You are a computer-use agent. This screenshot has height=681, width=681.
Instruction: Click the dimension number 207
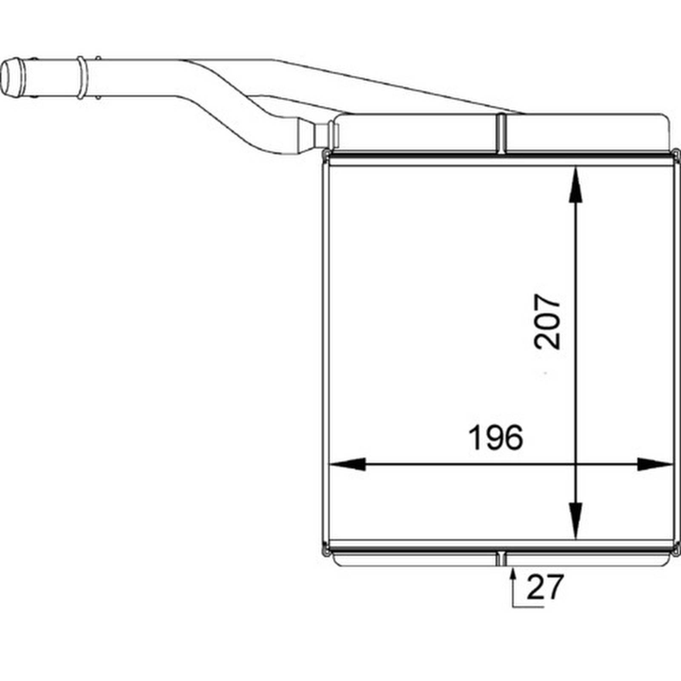547,322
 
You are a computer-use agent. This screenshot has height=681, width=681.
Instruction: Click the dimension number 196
495,438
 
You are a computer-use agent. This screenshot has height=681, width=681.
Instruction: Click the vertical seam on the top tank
502,133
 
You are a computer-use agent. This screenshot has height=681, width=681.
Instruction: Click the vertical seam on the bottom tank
502,559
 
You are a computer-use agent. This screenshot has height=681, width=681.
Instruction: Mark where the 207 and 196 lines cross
575,464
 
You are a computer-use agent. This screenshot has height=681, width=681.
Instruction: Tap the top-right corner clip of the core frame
676,153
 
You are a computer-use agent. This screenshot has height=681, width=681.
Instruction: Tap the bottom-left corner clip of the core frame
326,549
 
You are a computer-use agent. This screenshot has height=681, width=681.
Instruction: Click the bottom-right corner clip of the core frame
676,549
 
